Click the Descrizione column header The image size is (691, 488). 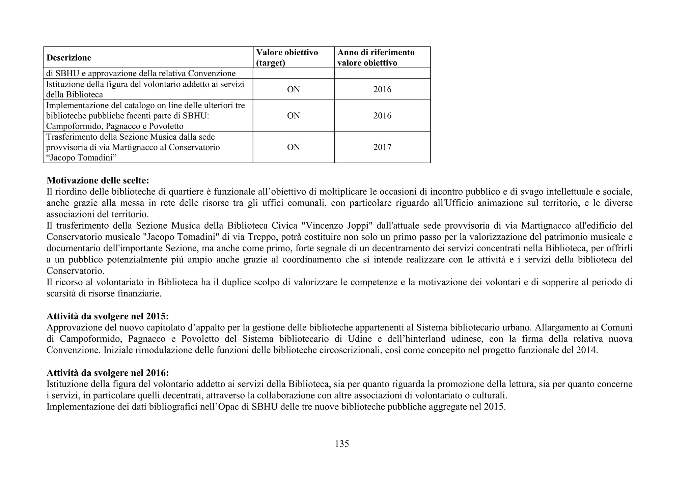click(69, 58)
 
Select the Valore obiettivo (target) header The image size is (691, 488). click(287, 57)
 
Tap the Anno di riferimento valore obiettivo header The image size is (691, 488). click(376, 57)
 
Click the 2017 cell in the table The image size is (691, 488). click(382, 147)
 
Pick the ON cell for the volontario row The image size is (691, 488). click(294, 89)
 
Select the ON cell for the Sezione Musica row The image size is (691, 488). click(294, 147)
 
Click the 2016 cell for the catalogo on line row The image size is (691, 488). click(382, 116)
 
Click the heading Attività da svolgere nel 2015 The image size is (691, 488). click(107, 316)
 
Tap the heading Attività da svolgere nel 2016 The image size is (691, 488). click(107, 373)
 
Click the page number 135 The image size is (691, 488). click(342, 444)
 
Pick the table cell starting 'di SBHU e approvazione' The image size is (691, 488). click(141, 73)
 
